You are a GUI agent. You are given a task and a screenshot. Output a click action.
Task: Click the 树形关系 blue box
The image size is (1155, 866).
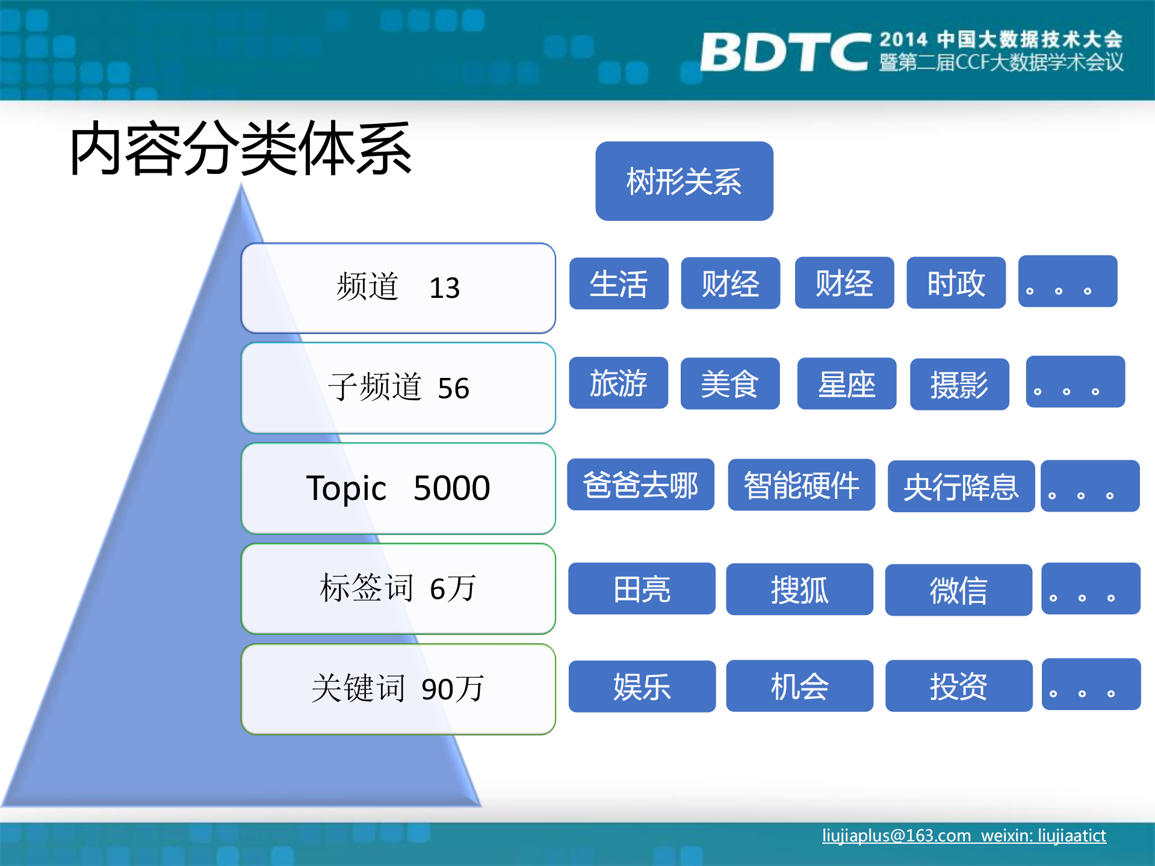pyautogui.click(x=684, y=181)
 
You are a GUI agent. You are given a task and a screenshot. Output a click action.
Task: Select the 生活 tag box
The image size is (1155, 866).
pyautogui.click(x=619, y=283)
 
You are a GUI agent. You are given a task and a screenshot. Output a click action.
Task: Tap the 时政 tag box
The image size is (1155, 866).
pyautogui.click(x=956, y=283)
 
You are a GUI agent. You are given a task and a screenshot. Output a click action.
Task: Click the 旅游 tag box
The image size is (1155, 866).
pyautogui.click(x=618, y=383)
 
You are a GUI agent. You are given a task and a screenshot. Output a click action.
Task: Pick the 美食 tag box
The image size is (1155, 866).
pyautogui.click(x=729, y=384)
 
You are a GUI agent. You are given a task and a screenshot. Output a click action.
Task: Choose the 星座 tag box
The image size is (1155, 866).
pyautogui.click(x=846, y=384)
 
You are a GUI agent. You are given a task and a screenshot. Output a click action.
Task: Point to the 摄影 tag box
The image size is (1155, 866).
pyautogui.click(x=959, y=385)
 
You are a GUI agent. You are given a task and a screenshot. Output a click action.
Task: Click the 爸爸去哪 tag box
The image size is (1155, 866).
pyautogui.click(x=640, y=485)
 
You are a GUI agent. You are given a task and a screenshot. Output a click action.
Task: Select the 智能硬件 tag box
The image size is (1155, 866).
pyautogui.click(x=801, y=485)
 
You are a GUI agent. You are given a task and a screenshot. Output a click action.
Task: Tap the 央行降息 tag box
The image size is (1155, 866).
pyautogui.click(x=961, y=486)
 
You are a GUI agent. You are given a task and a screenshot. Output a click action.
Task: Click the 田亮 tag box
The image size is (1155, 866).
pyautogui.click(x=642, y=589)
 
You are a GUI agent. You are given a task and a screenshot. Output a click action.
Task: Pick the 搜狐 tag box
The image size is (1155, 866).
pyautogui.click(x=799, y=589)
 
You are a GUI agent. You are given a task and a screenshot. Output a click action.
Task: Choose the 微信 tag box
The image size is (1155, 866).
pyautogui.click(x=958, y=590)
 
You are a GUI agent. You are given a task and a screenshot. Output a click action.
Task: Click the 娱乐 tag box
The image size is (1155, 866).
pyautogui.click(x=642, y=687)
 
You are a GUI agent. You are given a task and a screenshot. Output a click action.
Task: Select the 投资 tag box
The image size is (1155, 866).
pyautogui.click(x=958, y=686)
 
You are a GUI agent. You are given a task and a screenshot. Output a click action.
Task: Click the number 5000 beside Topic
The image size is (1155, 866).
pyautogui.click(x=451, y=488)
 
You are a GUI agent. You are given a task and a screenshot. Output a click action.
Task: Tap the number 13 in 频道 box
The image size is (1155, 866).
pyautogui.click(x=444, y=288)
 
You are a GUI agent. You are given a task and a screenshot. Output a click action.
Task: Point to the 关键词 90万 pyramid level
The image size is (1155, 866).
pyautogui.click(x=398, y=689)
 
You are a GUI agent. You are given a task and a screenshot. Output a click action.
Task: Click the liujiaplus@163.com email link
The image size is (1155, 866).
pyautogui.click(x=896, y=836)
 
